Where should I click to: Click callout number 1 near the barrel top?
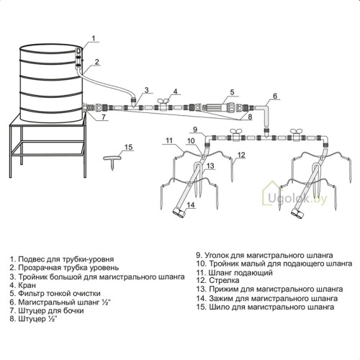pyautogui.click(x=94, y=38)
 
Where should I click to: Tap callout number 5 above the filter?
pyautogui.click(x=232, y=92)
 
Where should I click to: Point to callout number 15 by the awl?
pyautogui.click(x=129, y=147)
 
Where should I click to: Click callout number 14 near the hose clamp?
pyautogui.click(x=191, y=204)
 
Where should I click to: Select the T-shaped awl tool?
pyautogui.click(x=112, y=161)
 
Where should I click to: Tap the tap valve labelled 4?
pyautogui.click(x=163, y=105)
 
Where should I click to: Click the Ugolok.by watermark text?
pyautogui.click(x=297, y=199)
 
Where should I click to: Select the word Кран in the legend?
pyautogui.click(x=27, y=285)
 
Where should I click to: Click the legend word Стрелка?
pyautogui.click(x=224, y=280)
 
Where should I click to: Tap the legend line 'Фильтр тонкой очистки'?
pyautogui.click(x=59, y=294)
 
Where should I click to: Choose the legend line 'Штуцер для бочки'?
pyautogui.click(x=51, y=311)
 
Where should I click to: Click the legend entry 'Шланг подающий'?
pyautogui.click(x=240, y=273)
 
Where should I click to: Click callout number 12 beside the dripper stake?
pyautogui.click(x=241, y=155)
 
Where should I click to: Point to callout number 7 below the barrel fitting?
pyautogui.click(x=104, y=117)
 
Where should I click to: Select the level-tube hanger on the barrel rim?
pyautogui.click(x=78, y=58)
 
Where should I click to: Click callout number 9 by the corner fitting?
pyautogui.click(x=195, y=130)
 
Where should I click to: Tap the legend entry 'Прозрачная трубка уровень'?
pyautogui.click(x=68, y=268)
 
